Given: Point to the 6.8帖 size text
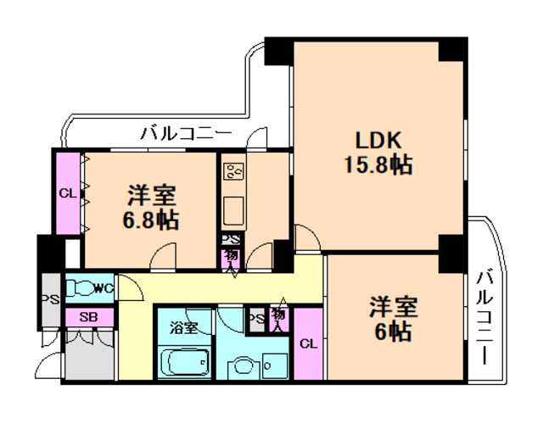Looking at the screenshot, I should [152, 220].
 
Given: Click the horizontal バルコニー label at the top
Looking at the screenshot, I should [187, 132].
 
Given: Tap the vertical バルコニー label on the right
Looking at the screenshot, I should [484, 315].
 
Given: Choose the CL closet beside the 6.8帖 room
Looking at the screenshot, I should [68, 192].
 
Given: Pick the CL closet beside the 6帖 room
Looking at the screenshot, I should [309, 344].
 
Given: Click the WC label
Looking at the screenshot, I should [103, 288].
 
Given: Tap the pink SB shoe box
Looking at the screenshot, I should [88, 317].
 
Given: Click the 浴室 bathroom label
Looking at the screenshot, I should [183, 326].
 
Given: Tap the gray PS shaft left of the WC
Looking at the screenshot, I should [50, 299].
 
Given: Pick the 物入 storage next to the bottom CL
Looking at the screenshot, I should [278, 319].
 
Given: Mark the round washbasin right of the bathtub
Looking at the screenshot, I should [243, 367].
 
